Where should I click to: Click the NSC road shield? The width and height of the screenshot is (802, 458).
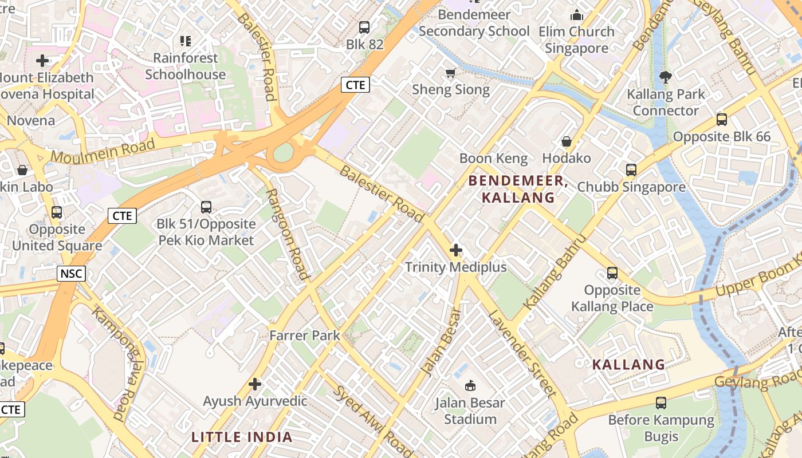[71, 274]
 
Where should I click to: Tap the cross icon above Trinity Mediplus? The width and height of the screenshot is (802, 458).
[456, 250]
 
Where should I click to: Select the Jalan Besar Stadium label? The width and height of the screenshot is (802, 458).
[470, 410]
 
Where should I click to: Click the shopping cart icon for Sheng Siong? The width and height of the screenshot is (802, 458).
[450, 73]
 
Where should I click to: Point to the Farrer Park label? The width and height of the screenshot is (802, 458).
[305, 335]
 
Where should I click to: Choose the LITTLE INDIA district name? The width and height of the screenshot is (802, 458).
[242, 437]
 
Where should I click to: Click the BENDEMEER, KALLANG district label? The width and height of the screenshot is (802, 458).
[518, 189]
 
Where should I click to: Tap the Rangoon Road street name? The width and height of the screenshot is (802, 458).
[288, 234]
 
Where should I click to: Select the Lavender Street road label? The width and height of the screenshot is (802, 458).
[522, 354]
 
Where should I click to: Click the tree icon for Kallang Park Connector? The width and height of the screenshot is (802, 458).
[665, 77]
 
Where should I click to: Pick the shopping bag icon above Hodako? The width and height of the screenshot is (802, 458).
[566, 141]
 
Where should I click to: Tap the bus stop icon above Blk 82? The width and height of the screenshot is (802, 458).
[364, 27]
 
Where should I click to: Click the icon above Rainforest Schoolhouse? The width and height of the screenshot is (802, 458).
[185, 41]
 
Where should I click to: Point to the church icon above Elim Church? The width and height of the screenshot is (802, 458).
[576, 15]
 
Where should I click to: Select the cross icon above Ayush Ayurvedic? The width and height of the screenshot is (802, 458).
[255, 384]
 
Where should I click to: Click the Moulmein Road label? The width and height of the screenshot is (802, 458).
[103, 151]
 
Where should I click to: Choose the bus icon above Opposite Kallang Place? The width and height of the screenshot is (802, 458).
[612, 273]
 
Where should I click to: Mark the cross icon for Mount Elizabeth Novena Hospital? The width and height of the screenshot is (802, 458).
[42, 61]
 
